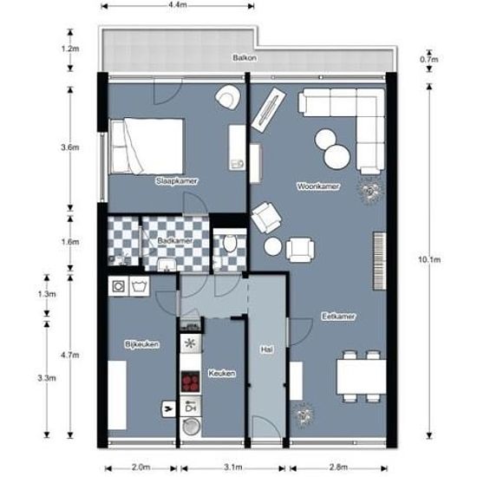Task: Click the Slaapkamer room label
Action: click(x=177, y=181)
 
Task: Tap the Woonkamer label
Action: click(x=318, y=186)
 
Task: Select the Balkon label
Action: click(x=245, y=58)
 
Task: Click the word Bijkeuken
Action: click(x=141, y=344)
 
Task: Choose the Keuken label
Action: click(x=222, y=373)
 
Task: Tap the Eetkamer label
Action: click(x=338, y=317)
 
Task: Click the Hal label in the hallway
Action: click(x=267, y=350)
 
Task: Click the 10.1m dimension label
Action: click(x=429, y=259)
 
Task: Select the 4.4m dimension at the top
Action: click(x=178, y=5)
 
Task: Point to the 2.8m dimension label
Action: click(x=338, y=467)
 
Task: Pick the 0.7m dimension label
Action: click(x=429, y=59)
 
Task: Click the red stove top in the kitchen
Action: click(x=191, y=382)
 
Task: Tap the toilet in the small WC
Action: click(x=230, y=243)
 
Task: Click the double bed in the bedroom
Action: click(x=147, y=146)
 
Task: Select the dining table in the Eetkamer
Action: click(x=361, y=377)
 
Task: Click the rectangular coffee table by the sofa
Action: click(x=269, y=110)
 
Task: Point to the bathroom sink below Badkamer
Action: click(x=167, y=265)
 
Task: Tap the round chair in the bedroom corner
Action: click(x=227, y=97)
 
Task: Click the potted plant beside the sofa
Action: click(x=369, y=191)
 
